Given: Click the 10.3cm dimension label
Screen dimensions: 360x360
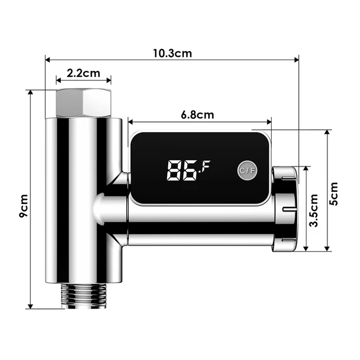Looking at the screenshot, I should click(173, 53).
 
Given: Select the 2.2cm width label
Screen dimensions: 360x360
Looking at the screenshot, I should click(83, 73).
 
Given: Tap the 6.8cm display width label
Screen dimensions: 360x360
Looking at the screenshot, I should click(197, 115).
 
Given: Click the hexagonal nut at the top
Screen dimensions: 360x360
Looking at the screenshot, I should click(83, 102).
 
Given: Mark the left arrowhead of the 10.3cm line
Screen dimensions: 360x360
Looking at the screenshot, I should click(47, 57).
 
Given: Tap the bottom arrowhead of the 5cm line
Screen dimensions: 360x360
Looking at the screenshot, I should click(328, 250).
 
